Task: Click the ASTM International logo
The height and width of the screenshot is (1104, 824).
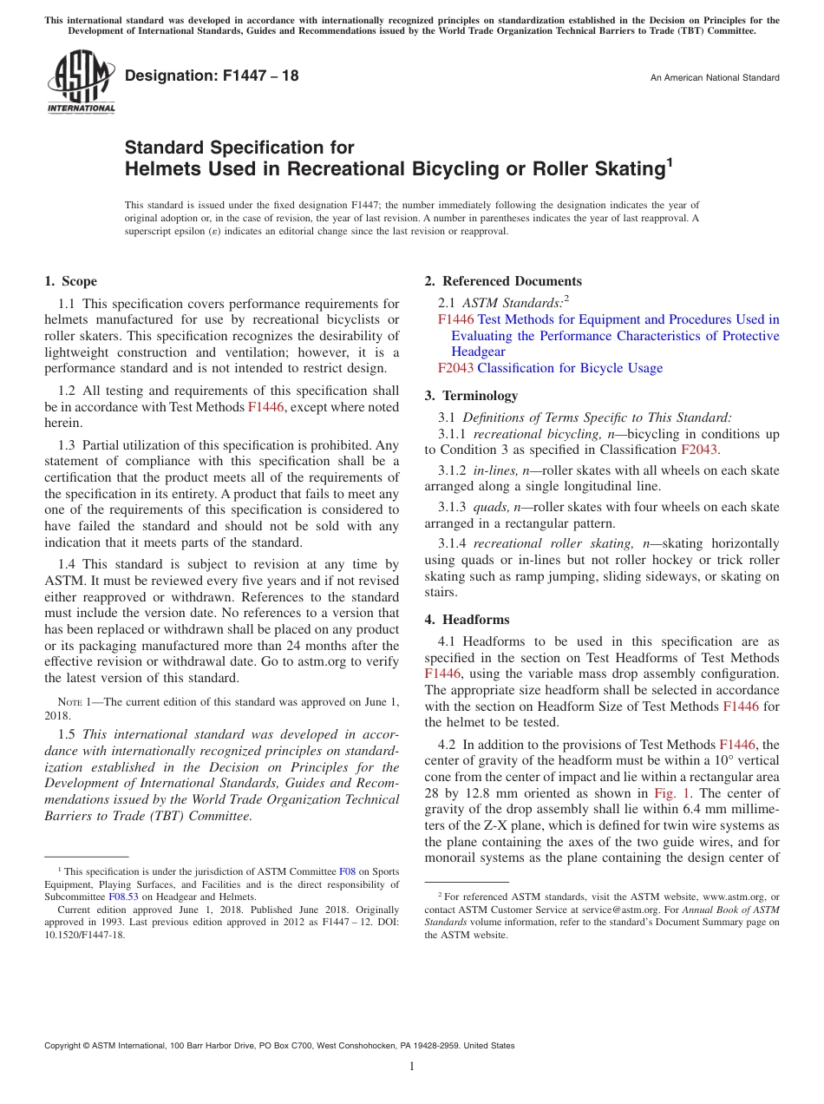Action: pyautogui.click(x=80, y=82)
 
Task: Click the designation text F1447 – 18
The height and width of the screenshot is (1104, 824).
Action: pyautogui.click(x=212, y=76)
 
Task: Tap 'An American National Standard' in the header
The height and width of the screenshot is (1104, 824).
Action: pyautogui.click(x=715, y=78)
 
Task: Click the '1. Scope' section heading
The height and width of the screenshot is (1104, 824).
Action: pyautogui.click(x=70, y=281)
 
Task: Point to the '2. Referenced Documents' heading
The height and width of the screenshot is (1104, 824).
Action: pyautogui.click(x=503, y=281)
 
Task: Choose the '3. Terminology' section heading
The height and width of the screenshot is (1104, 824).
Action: pyautogui.click(x=471, y=396)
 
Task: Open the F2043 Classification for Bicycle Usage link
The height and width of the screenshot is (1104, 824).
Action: pyautogui.click(x=550, y=368)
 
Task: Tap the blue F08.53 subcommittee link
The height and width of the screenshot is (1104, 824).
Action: pyautogui.click(x=123, y=897)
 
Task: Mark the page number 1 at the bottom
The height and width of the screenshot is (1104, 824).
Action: pyautogui.click(x=412, y=1066)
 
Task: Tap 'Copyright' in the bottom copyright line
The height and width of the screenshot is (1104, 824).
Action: pyautogui.click(x=65, y=1046)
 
